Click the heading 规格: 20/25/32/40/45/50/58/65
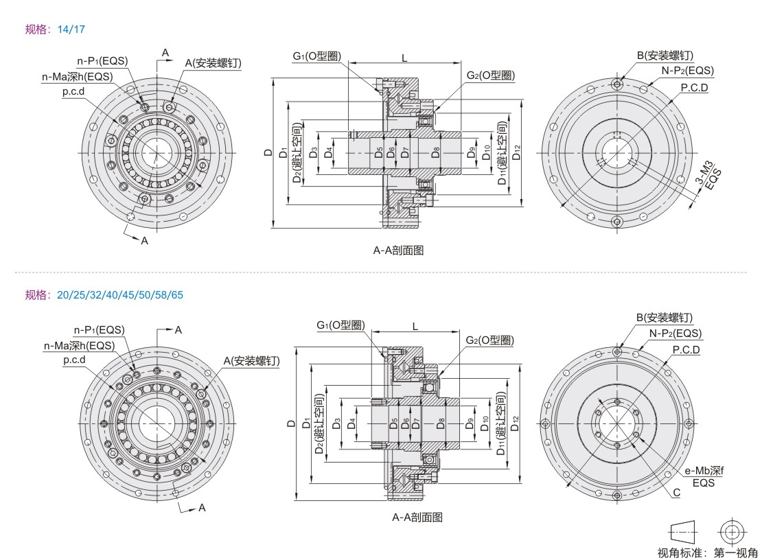[104, 295]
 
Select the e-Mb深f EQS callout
[704, 476]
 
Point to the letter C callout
[676, 492]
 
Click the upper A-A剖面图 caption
[398, 250]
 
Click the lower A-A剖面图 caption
[417, 517]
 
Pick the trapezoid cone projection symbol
[682, 532]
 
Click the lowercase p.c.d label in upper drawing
[73, 91]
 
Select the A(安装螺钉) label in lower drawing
[251, 360]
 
